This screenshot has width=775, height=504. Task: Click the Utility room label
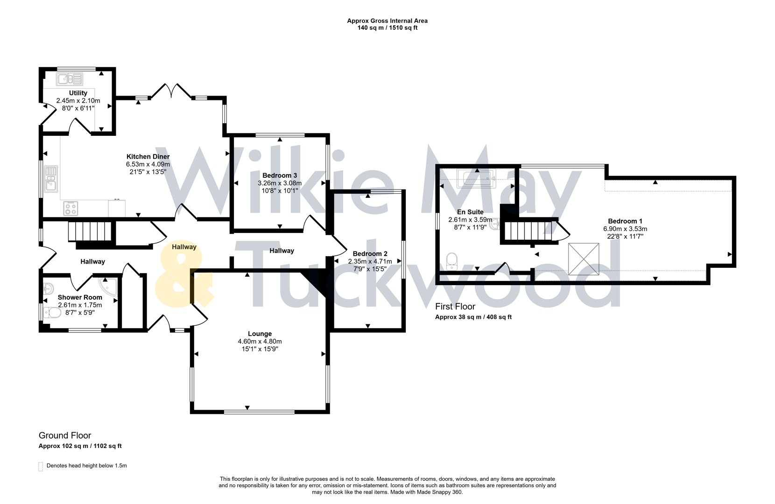pyautogui.click(x=78, y=93)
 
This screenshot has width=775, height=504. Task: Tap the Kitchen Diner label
pyautogui.click(x=148, y=157)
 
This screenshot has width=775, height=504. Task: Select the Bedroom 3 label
pyautogui.click(x=280, y=175)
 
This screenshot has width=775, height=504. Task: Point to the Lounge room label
pyautogui.click(x=260, y=334)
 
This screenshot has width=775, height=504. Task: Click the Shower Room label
pyautogui.click(x=80, y=297)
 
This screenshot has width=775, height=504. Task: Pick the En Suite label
pyautogui.click(x=470, y=212)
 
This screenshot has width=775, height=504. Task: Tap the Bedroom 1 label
pyautogui.click(x=625, y=221)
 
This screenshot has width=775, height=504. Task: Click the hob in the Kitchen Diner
pyautogui.click(x=70, y=208)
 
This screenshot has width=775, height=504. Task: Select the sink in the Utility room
pyautogui.click(x=70, y=79)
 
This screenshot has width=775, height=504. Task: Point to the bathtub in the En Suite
pyautogui.click(x=476, y=178)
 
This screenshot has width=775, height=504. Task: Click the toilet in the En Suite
pyautogui.click(x=451, y=261)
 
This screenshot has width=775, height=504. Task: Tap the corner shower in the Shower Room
pyautogui.click(x=108, y=286)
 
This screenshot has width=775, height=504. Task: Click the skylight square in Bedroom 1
pyautogui.click(x=584, y=259)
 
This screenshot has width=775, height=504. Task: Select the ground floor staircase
pyautogui.click(x=90, y=231)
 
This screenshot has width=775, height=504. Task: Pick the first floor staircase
pyautogui.click(x=528, y=231)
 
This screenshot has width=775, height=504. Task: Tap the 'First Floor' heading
pyautogui.click(x=455, y=307)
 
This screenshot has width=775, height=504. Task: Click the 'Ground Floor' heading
pyautogui.click(x=65, y=435)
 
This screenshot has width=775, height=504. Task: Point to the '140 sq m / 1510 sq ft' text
pyautogui.click(x=387, y=28)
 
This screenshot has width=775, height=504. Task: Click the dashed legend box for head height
pyautogui.click(x=41, y=466)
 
